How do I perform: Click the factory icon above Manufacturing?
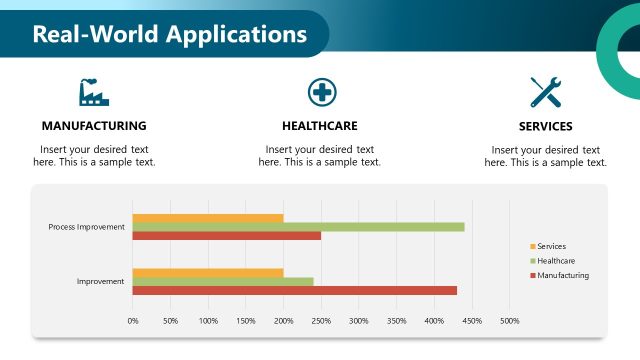(94, 92)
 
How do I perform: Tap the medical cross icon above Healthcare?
(321, 92)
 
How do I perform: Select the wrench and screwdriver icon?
(545, 92)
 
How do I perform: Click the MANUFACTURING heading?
(94, 126)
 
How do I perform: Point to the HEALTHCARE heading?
(320, 126)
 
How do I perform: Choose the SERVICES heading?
(545, 127)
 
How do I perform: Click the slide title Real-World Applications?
(170, 34)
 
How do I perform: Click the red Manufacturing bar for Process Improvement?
(227, 236)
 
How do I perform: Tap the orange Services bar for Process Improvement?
(208, 218)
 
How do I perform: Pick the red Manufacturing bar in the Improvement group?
(295, 290)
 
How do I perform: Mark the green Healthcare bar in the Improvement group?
(223, 281)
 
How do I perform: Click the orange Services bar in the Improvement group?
(208, 272)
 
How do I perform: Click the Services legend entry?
(551, 246)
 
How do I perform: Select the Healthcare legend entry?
(555, 260)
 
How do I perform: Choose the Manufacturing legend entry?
(562, 275)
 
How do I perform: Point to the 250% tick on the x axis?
(321, 321)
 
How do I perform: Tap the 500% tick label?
(509, 321)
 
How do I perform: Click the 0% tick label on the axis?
(133, 321)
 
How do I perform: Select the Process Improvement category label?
(87, 227)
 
